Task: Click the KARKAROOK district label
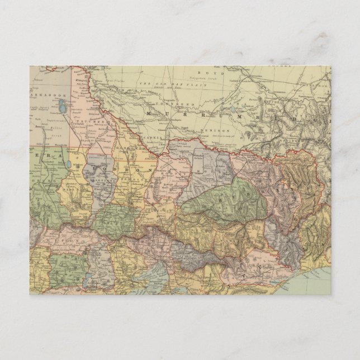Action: coord(47,95)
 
